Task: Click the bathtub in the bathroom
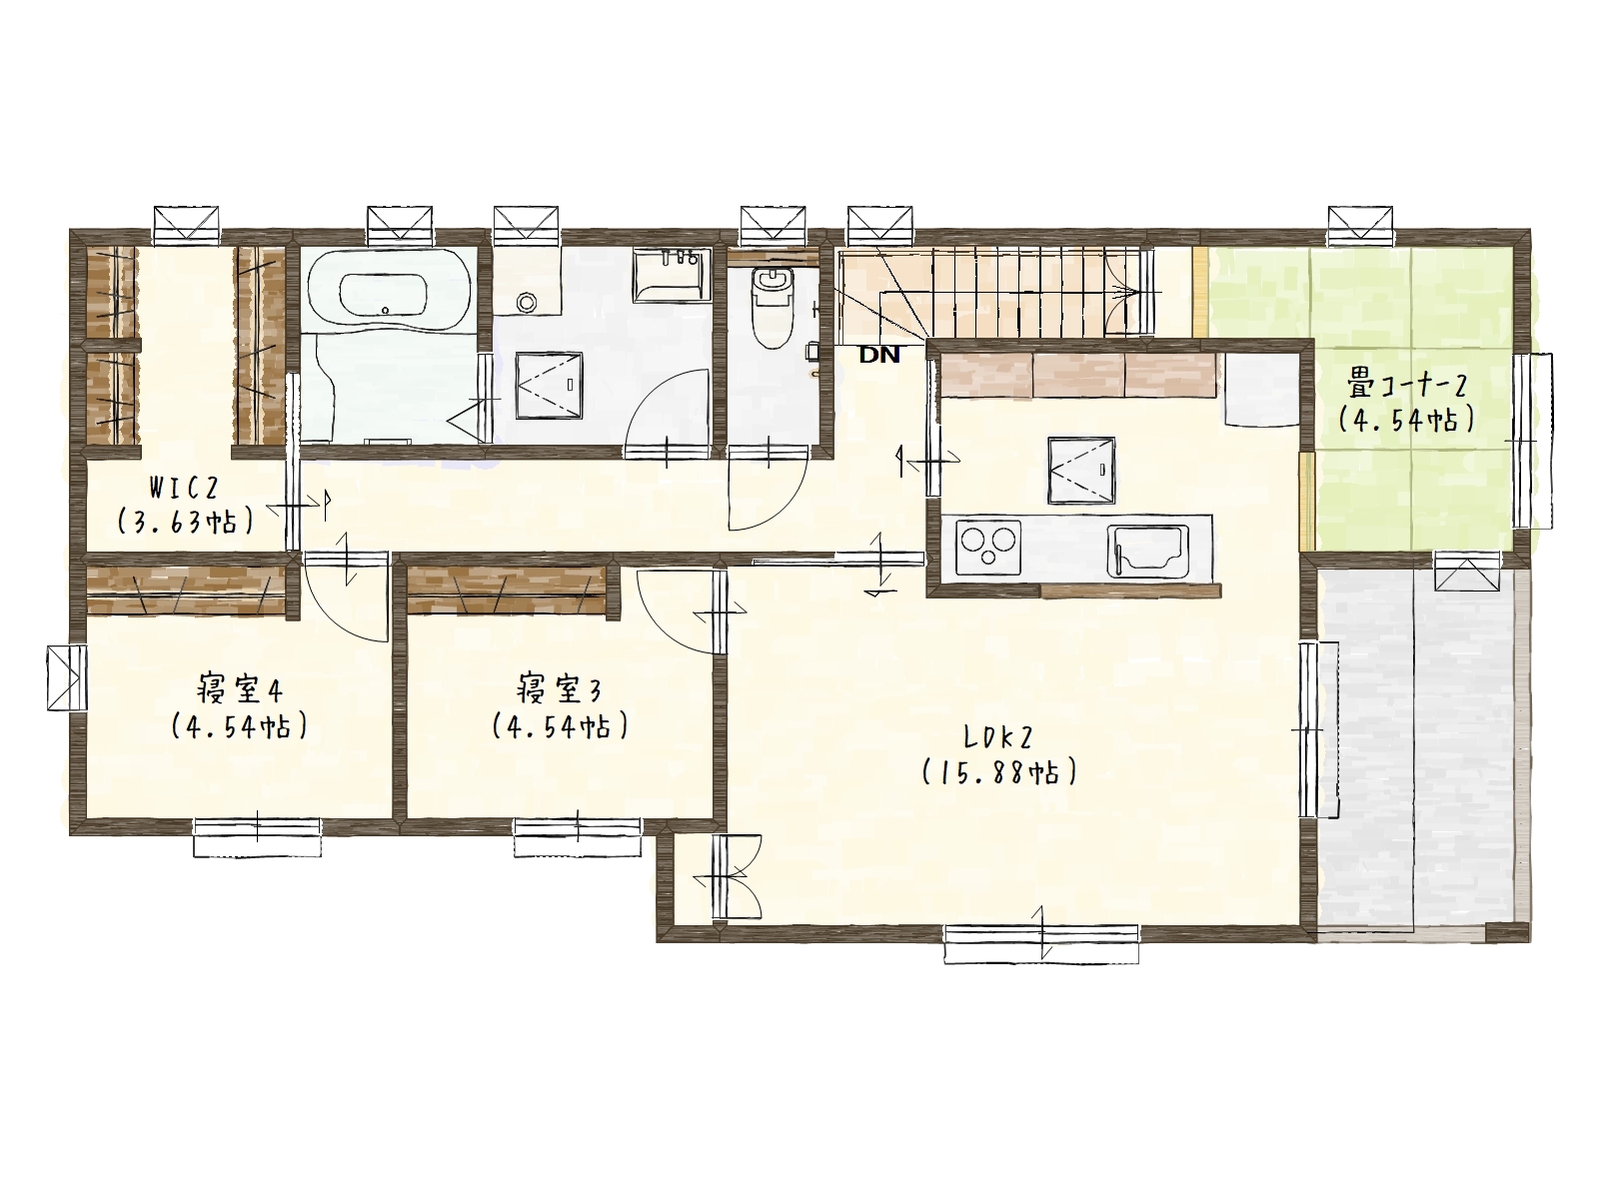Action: tap(389, 291)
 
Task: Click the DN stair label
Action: tap(879, 356)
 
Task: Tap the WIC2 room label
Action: tap(184, 487)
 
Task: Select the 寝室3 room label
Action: tap(560, 689)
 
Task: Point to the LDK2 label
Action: tap(998, 738)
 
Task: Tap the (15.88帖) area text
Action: tap(999, 771)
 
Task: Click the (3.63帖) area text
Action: tap(186, 521)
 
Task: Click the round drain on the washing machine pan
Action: tap(526, 301)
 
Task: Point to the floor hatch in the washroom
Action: tap(550, 387)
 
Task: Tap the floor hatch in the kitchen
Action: tap(1081, 471)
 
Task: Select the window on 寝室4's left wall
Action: tap(67, 677)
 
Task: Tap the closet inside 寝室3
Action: tap(507, 590)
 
